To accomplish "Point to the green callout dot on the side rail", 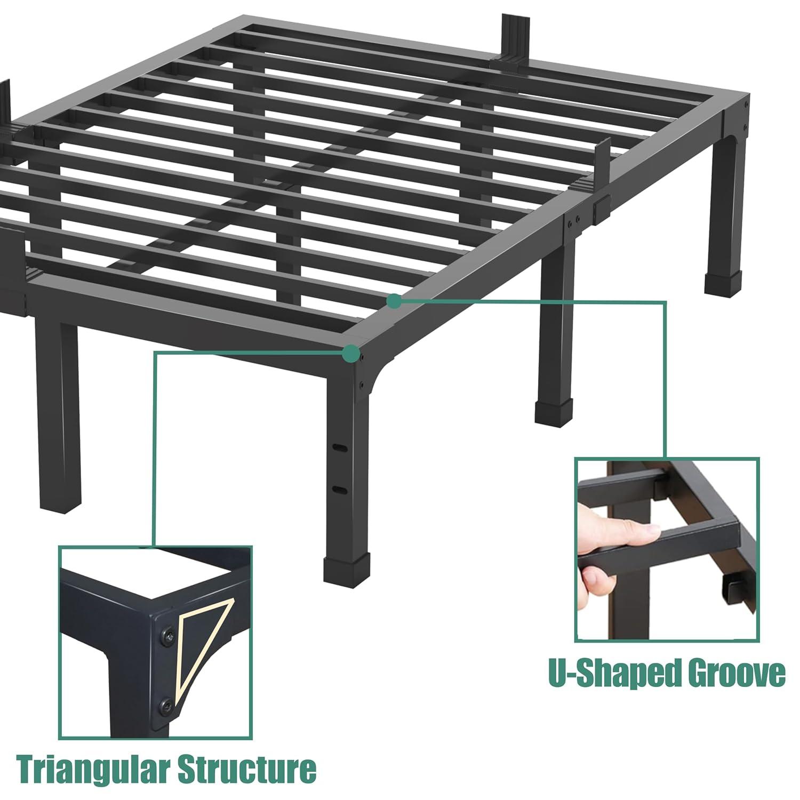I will click(x=394, y=301).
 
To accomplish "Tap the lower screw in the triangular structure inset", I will click(x=167, y=705).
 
